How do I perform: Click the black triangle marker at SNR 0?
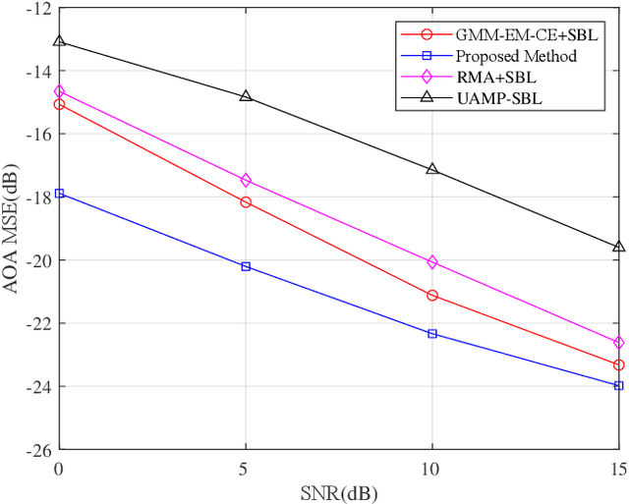[x=59, y=41]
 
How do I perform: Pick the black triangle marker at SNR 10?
[x=432, y=169]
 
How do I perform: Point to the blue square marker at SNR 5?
[x=246, y=266]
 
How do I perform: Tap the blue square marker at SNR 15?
[x=618, y=385]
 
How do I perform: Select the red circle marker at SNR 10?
[x=432, y=295]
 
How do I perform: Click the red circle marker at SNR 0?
[x=59, y=104]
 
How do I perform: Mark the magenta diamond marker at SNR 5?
[x=246, y=180]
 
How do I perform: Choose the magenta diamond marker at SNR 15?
[x=618, y=343]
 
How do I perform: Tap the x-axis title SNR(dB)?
[x=339, y=491]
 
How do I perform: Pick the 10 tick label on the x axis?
[x=432, y=467]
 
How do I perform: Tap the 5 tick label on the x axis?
[x=246, y=467]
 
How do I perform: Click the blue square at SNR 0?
[x=59, y=194]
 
